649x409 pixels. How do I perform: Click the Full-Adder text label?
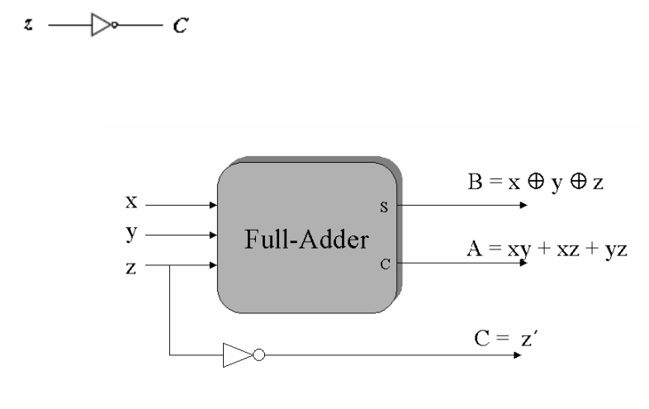pyautogui.click(x=306, y=241)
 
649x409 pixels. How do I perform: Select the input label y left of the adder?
pyautogui.click(x=130, y=234)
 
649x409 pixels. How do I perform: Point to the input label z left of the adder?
pyautogui.click(x=130, y=267)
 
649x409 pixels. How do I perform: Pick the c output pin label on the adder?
pyautogui.click(x=383, y=264)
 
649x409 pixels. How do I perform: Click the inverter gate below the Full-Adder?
pyautogui.click(x=238, y=356)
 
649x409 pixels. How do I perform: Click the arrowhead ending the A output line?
pyautogui.click(x=515, y=264)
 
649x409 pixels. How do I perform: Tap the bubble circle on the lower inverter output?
pyautogui.click(x=258, y=356)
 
